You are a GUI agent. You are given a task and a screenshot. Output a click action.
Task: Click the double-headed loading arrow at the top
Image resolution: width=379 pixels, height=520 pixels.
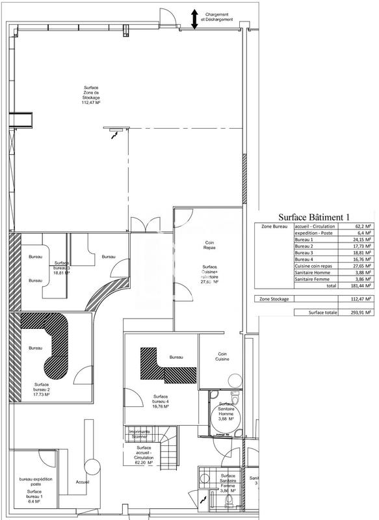(x=194, y=19)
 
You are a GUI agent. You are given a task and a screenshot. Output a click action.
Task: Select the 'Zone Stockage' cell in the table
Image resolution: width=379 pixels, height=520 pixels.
(x=274, y=298)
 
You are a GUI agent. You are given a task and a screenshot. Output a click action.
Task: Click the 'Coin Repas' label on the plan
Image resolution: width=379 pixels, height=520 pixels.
(x=210, y=244)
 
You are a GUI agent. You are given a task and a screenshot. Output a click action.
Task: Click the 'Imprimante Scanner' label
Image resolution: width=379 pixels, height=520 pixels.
(x=139, y=434)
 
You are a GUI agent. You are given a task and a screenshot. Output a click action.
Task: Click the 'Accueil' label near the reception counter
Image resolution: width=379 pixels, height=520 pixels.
(x=82, y=482)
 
